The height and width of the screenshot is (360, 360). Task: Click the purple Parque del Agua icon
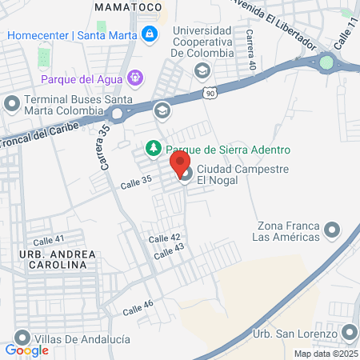pos(134,78)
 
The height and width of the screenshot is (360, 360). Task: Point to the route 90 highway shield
pos(209,94)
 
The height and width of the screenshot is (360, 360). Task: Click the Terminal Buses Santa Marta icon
pos(12,103)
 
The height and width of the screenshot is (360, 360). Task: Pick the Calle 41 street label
pos(49,240)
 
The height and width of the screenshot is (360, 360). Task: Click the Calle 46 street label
pos(138,306)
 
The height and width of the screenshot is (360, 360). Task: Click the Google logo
pos(26,350)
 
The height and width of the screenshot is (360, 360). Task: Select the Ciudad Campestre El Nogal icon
pos(186,174)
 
